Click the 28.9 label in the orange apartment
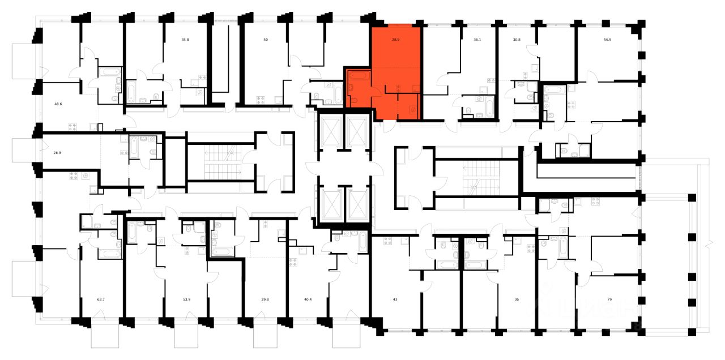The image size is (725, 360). tap(396, 40)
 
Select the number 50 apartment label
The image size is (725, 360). tap(266, 40)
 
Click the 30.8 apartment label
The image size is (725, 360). tap(516, 40)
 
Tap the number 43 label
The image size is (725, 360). tap(395, 299)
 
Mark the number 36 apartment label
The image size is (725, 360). tap(516, 299)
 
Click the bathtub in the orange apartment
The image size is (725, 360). tap(357, 75)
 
